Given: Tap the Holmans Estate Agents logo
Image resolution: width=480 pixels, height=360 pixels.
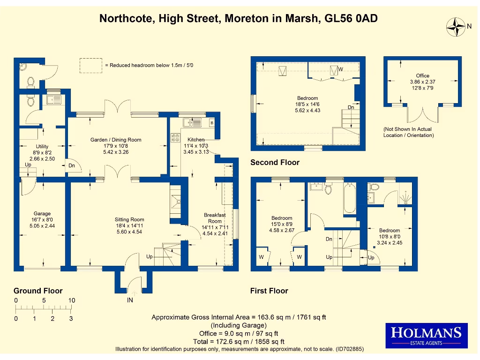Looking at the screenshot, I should click(x=426, y=336).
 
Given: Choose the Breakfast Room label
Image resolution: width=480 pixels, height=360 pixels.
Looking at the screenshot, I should click(x=215, y=218).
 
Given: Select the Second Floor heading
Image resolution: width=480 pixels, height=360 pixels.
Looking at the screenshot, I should click(x=275, y=163).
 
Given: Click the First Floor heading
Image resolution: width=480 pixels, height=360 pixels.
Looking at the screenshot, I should click(x=269, y=291).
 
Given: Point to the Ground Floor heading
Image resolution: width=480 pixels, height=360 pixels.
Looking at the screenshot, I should click(x=38, y=291).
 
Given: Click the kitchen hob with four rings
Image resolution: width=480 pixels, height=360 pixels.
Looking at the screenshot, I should click(x=177, y=138).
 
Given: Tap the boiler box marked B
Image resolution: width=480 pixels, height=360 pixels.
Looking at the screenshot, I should click(x=211, y=123).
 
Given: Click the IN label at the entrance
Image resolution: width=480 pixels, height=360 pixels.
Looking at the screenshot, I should click(x=130, y=300).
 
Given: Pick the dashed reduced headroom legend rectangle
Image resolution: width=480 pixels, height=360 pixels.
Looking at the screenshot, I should click(x=90, y=65).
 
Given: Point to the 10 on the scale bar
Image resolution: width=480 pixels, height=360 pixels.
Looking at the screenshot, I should click(x=71, y=300).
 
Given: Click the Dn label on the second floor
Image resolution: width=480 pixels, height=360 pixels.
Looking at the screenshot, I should click(x=351, y=107).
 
